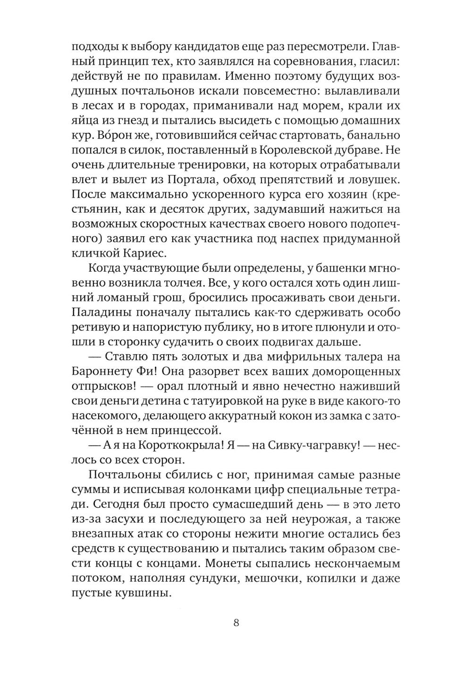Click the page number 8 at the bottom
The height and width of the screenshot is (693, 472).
236,622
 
